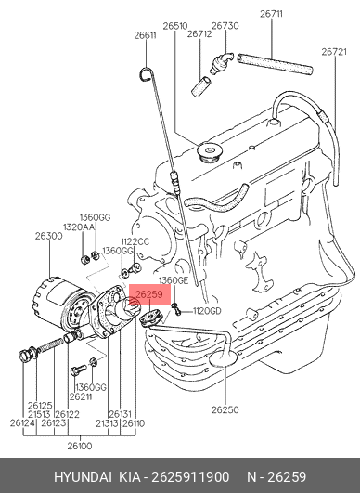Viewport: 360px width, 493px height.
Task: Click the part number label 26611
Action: tap(145, 35)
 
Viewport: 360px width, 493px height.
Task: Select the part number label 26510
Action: tap(175, 26)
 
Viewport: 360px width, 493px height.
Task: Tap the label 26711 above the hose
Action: tap(271, 14)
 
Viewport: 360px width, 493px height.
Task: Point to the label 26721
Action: tap(334, 52)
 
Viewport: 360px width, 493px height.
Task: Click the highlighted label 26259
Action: tap(149, 294)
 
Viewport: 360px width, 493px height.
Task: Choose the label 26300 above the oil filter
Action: tap(48, 236)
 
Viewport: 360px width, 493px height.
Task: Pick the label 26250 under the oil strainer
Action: tap(225, 409)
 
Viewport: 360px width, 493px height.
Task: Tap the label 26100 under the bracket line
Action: tap(80, 446)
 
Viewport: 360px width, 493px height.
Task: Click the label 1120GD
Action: tap(207, 311)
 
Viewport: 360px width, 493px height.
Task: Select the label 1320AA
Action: tap(79, 227)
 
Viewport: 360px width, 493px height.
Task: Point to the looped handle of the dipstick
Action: tap(147, 74)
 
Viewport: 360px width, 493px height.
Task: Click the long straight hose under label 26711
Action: tap(275, 64)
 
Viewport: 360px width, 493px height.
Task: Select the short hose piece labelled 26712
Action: tap(201, 86)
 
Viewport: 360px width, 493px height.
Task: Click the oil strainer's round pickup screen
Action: tap(223, 358)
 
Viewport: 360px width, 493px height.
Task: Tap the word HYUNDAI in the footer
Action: tap(83, 477)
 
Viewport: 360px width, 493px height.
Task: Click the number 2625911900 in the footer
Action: tap(190, 477)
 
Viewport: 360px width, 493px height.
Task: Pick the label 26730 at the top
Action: tap(225, 26)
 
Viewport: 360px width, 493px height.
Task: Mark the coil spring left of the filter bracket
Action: tap(50, 344)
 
